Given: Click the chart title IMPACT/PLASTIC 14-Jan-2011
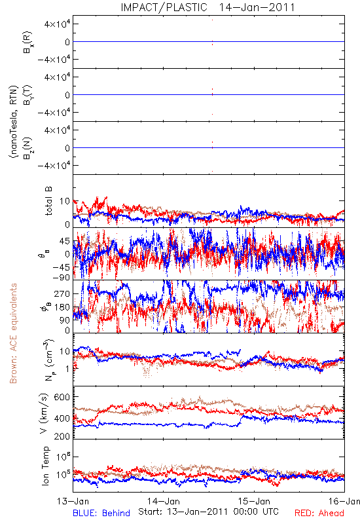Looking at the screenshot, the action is tap(207, 7).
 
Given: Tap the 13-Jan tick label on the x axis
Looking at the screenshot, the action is tap(73, 501).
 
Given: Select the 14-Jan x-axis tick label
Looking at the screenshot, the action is tap(164, 501).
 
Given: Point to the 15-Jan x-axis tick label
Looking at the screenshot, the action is tap(254, 501).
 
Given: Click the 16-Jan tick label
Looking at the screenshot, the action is tap(344, 501).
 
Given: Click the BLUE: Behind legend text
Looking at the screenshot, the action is tap(101, 513).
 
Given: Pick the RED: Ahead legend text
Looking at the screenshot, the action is tap(319, 513).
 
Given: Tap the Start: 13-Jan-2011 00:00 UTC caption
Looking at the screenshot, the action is tap(208, 512).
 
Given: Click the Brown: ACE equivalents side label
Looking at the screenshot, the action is tap(13, 333).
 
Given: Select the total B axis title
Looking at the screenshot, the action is tap(48, 201).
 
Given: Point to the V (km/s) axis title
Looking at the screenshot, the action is tap(44, 413).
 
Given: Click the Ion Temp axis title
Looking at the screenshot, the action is tap(45, 466).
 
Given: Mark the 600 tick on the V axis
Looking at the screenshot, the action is tap(62, 397).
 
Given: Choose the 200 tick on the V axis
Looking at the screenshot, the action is tap(62, 436).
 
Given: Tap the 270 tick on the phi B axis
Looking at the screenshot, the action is tap(62, 294).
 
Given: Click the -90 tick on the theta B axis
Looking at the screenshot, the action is tap(61, 277).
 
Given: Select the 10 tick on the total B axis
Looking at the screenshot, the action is tap(65, 201).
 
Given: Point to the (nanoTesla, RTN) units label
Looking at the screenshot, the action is tap(14, 122).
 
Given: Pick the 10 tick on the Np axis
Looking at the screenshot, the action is tap(65, 352).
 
